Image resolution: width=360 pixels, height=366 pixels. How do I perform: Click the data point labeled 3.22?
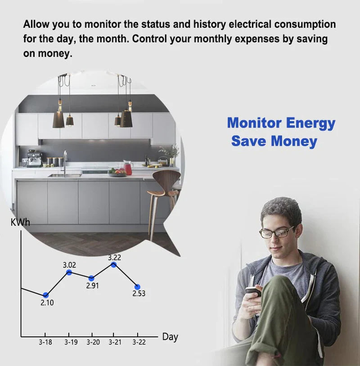(x=113, y=265)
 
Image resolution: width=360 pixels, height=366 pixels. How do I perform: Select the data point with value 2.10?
(x=45, y=295)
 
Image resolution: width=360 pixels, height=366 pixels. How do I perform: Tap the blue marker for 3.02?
(x=69, y=272)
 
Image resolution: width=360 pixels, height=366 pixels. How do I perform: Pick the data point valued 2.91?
(x=91, y=278)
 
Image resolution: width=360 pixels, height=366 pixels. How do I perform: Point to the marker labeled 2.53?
(x=137, y=287)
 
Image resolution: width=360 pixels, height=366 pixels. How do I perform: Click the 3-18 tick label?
(x=45, y=342)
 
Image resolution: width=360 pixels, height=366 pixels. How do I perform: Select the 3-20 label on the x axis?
(x=93, y=342)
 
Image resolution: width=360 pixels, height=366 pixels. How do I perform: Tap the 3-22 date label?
(x=139, y=342)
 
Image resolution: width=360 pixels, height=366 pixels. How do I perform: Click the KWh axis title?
(x=20, y=223)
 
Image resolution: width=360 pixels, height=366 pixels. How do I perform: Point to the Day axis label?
(x=170, y=337)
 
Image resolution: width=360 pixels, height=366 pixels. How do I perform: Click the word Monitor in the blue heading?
(x=254, y=123)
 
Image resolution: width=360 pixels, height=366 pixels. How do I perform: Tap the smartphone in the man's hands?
(x=253, y=291)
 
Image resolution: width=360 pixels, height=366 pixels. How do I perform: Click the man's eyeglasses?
(x=276, y=232)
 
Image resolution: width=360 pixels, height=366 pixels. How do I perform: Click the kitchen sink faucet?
(x=65, y=163)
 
